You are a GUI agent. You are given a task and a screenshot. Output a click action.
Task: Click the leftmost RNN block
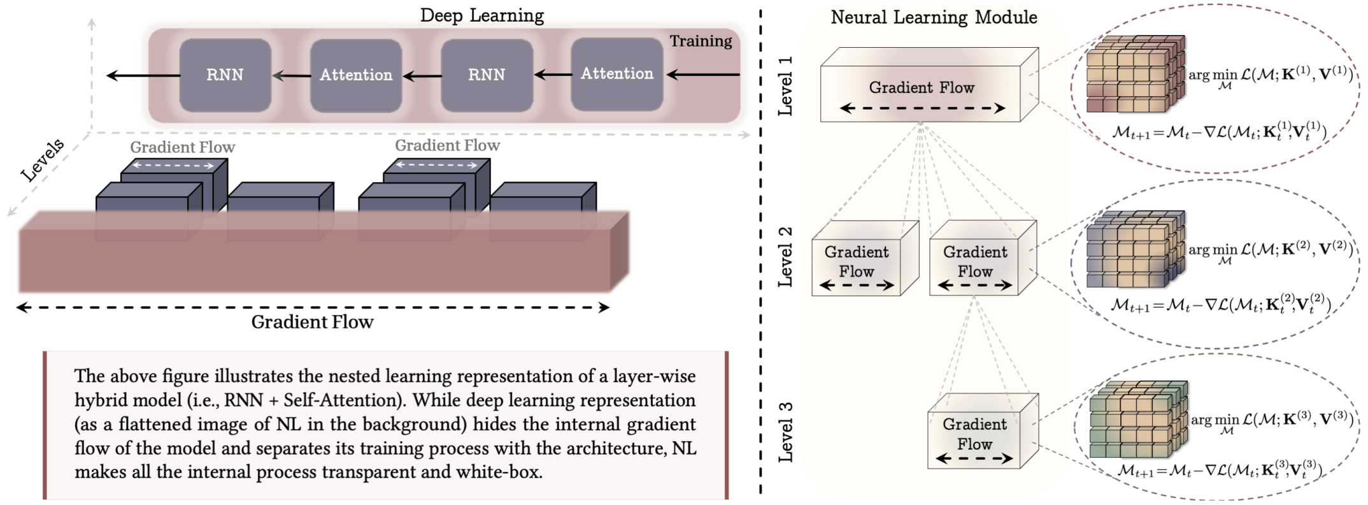coord(225,75)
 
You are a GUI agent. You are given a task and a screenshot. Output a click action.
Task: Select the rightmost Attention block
coord(616,74)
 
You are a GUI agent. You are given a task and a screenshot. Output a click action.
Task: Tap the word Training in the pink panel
coord(701,41)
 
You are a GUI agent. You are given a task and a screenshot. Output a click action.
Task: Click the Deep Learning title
coord(481,15)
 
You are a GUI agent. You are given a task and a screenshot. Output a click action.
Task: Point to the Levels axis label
coord(43,159)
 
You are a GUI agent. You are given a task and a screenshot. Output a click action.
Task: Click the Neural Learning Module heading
coord(934,17)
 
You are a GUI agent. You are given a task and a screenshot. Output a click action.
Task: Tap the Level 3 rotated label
coord(786,432)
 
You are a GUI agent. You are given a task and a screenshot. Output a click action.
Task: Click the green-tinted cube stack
coord(1137,419)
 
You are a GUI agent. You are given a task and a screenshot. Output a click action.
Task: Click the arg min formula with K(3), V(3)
coord(1272,421)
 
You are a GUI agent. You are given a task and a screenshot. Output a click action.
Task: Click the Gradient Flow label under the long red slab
coord(312,322)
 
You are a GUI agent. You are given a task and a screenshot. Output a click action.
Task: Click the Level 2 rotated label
coord(786,256)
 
